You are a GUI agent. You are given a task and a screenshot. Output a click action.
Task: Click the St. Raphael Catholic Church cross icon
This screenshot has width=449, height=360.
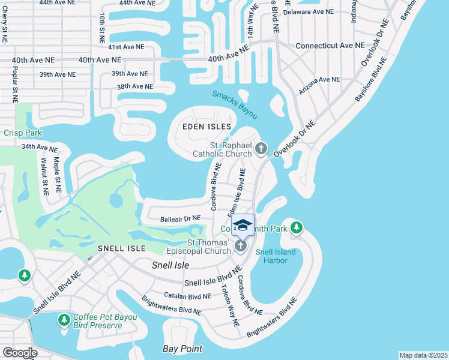[261, 148]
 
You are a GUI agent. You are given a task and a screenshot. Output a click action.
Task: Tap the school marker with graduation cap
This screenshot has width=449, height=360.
[243, 226]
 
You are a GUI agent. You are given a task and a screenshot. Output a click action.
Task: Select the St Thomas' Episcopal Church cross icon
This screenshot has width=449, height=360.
[241, 246]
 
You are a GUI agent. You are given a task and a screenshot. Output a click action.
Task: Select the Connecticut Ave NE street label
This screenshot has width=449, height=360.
[330, 46]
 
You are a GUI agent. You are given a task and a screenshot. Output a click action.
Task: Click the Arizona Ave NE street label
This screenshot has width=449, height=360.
[320, 79]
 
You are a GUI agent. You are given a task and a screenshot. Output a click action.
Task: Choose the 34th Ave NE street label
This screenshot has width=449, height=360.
[39, 147]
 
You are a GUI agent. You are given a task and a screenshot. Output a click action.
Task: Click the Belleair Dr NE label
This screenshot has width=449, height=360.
[180, 220]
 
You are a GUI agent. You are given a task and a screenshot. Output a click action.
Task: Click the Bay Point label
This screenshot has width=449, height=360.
[182, 349]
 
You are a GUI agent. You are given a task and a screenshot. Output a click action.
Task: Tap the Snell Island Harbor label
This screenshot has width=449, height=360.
[276, 257]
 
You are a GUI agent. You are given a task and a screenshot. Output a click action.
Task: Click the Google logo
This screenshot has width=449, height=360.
[20, 353]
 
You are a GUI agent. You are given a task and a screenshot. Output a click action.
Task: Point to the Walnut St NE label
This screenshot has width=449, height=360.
[44, 176]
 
